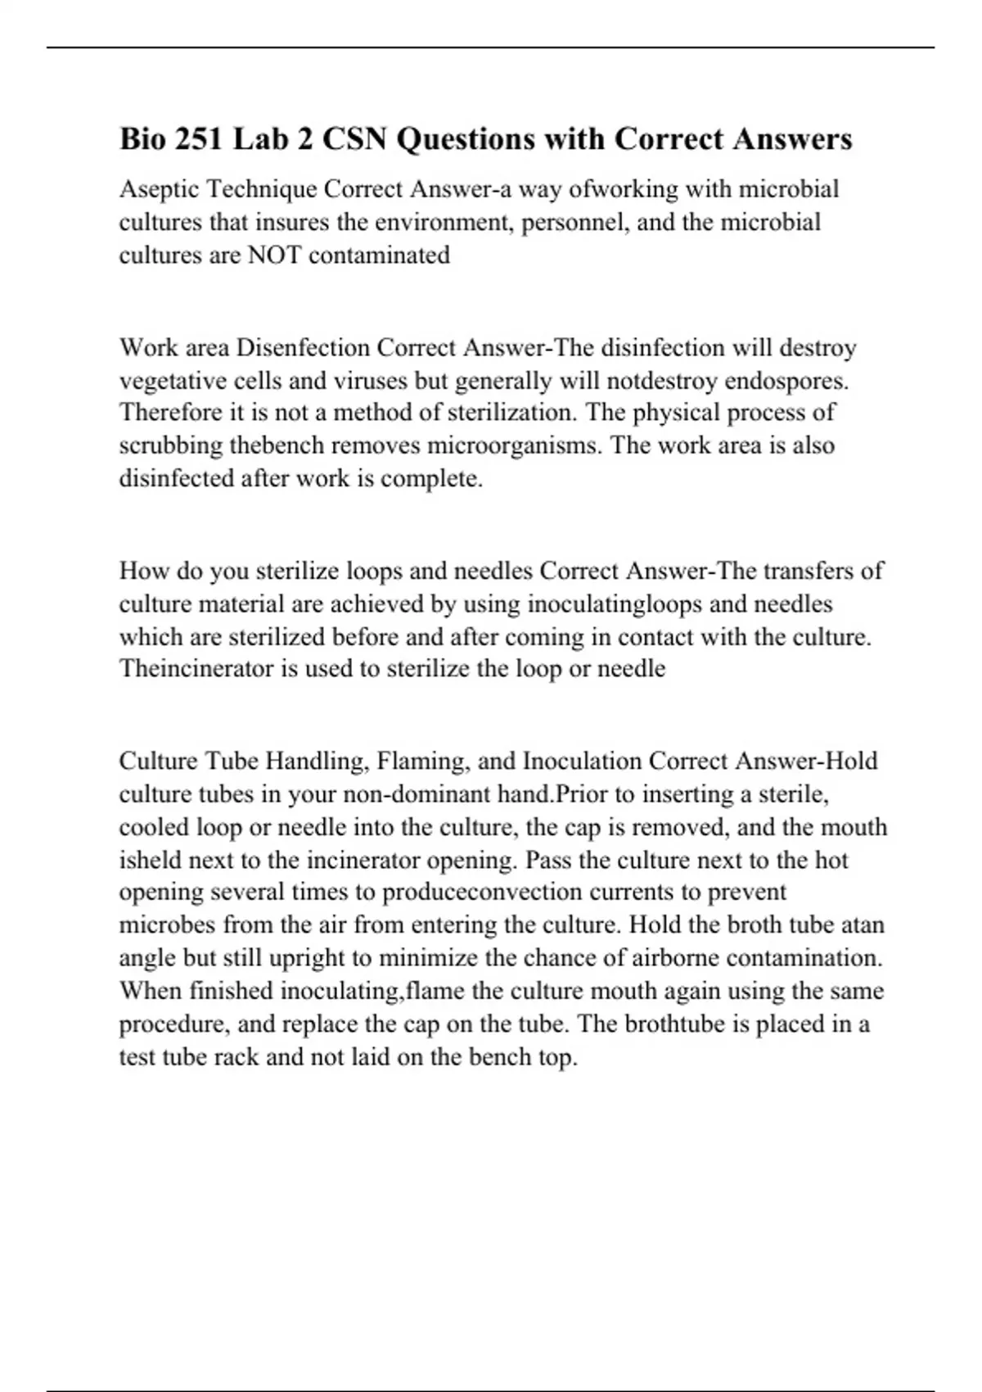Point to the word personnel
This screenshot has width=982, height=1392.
pos(574,222)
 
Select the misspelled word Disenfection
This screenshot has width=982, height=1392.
pos(303,348)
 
